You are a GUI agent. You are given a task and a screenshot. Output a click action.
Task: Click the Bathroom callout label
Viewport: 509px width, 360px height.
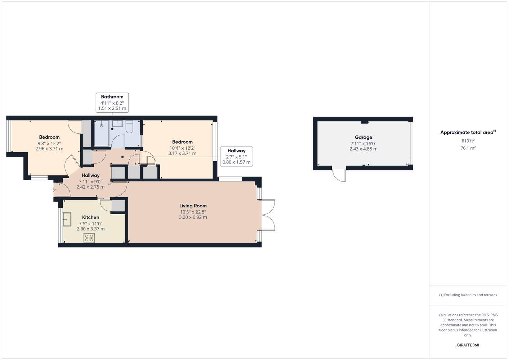point(112,103)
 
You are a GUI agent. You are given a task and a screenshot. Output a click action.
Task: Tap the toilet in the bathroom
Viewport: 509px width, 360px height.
point(129,126)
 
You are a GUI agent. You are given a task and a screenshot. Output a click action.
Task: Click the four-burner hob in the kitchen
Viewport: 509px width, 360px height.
point(89,238)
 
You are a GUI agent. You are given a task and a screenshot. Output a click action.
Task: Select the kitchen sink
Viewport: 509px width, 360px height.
point(67,219)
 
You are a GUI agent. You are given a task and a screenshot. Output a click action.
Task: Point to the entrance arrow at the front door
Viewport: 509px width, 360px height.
point(53,190)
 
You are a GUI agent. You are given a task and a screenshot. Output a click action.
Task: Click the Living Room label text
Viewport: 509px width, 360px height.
point(193,206)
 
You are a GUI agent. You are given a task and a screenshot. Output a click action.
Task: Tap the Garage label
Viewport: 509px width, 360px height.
point(363,137)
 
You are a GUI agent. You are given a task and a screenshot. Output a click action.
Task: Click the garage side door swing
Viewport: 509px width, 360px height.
point(339,175)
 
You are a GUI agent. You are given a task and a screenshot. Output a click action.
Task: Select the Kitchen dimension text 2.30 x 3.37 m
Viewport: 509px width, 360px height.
point(91,229)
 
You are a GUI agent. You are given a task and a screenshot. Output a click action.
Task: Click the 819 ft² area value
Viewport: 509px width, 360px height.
point(468,141)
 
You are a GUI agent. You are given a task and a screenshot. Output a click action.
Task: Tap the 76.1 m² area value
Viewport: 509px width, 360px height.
point(468,148)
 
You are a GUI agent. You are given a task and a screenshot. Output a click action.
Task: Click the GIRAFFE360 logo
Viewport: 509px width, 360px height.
point(468,345)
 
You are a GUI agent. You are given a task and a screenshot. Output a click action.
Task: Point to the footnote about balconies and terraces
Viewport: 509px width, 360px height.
point(468,295)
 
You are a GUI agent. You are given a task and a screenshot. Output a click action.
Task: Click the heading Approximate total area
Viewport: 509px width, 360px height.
point(468,132)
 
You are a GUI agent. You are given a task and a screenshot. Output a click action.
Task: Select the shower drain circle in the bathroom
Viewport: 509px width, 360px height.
point(102,126)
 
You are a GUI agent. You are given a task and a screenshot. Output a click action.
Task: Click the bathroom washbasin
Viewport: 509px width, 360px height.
point(117,123)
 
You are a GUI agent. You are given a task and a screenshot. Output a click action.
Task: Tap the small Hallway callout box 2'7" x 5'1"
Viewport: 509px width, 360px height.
point(236,157)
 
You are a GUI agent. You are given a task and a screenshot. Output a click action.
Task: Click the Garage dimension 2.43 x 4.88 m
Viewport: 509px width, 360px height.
point(363,149)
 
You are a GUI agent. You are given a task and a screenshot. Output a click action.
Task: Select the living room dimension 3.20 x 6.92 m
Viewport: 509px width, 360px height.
point(193,217)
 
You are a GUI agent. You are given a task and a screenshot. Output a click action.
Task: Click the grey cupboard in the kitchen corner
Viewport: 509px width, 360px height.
point(119,206)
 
